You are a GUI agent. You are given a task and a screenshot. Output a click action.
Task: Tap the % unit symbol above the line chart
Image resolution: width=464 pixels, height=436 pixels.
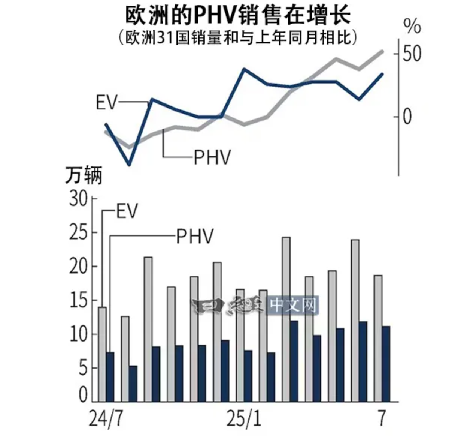pos(412,26)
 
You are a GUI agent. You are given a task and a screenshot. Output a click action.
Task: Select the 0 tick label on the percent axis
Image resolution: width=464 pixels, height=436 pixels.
pos(407,117)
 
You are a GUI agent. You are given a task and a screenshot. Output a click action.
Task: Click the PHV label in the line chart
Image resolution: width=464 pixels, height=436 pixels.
pos(212,157)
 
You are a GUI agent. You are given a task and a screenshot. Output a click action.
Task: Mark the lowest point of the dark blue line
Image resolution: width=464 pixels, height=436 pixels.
pos(130,165)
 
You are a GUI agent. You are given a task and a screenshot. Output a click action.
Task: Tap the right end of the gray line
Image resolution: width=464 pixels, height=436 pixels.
pos(382,51)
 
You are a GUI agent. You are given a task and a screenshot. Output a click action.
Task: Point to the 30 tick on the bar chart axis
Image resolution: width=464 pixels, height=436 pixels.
pos(78,199)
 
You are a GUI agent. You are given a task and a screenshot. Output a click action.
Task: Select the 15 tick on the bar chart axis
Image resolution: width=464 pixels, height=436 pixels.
pos(78,301)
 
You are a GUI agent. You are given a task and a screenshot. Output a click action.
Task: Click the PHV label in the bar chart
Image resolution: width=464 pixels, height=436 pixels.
pos(195,236)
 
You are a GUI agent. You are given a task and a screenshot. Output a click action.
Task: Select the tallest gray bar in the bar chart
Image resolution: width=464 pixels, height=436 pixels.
pos(286,319)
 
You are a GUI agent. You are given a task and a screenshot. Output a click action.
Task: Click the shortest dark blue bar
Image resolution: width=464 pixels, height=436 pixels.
pos(133,383)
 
